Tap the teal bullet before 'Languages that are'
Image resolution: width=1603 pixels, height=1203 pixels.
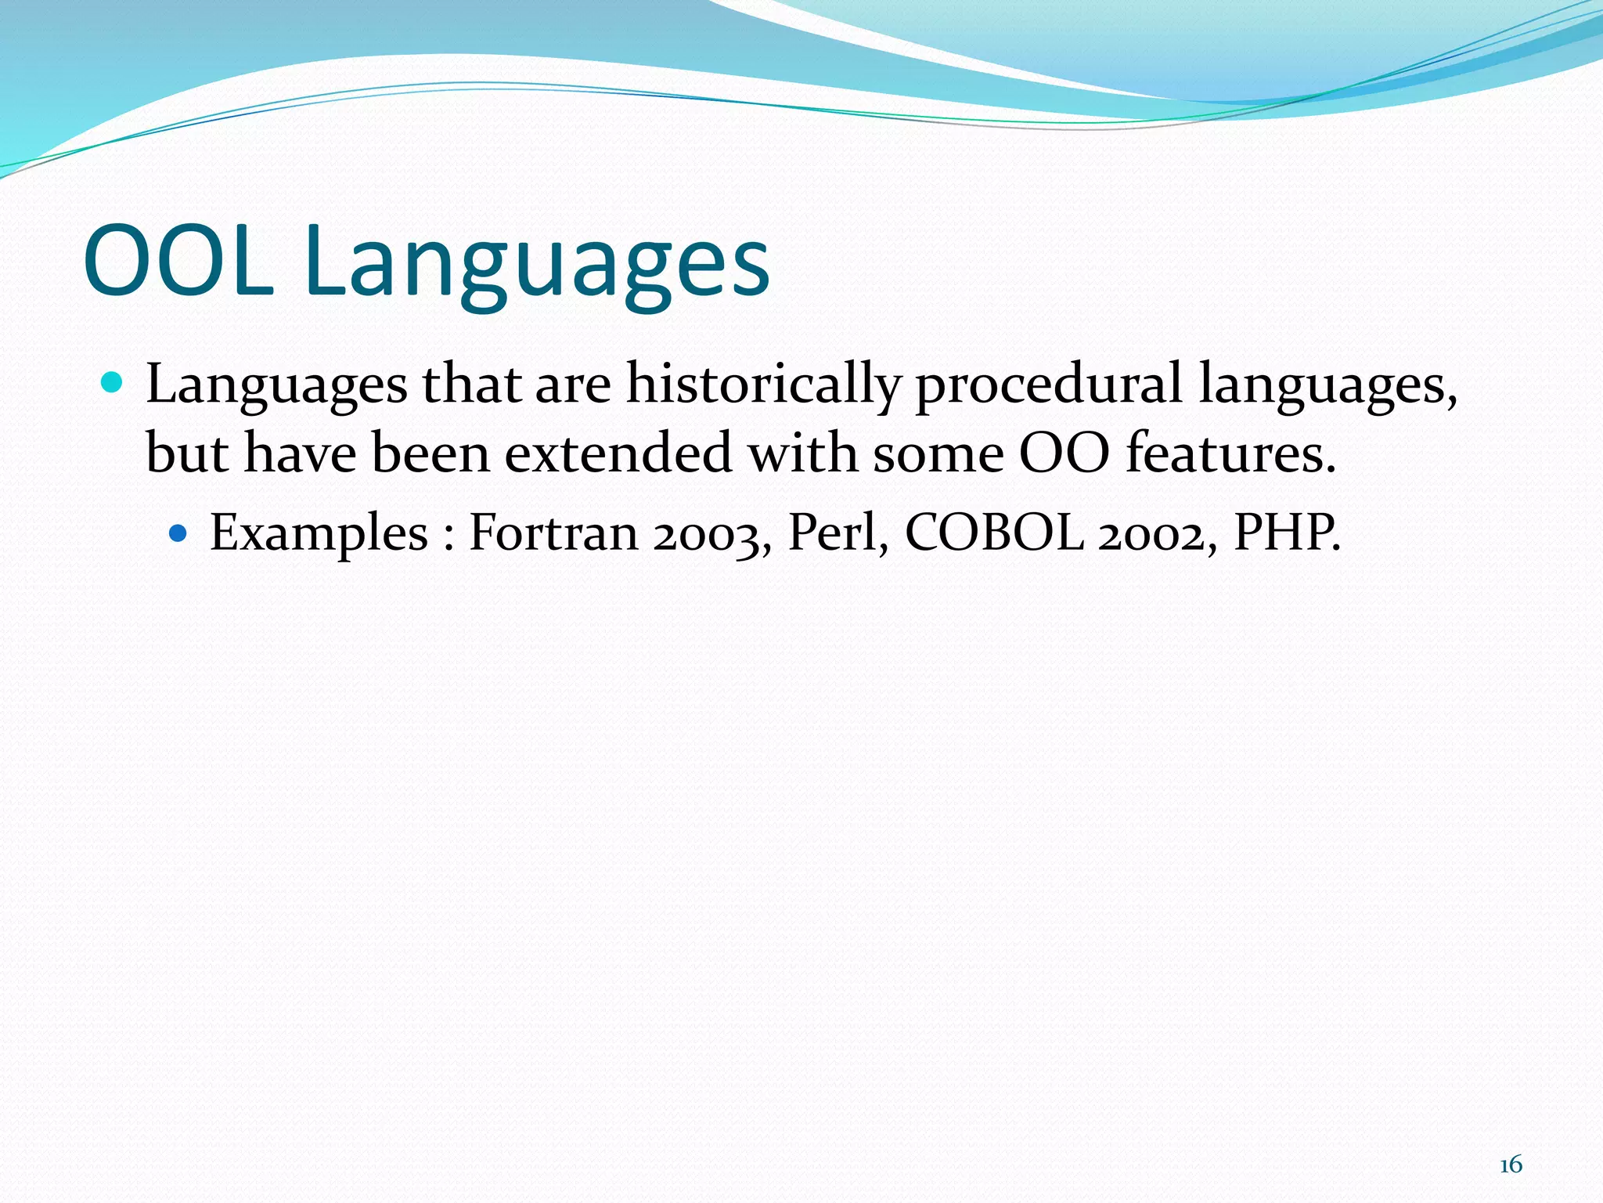click(113, 383)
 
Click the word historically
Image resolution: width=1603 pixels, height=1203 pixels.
click(762, 385)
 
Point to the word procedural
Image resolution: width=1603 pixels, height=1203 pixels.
click(1048, 385)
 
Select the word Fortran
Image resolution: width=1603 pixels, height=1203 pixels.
click(553, 533)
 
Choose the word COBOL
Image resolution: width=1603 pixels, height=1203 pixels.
click(994, 533)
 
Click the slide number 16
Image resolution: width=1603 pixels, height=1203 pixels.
click(1511, 1165)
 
